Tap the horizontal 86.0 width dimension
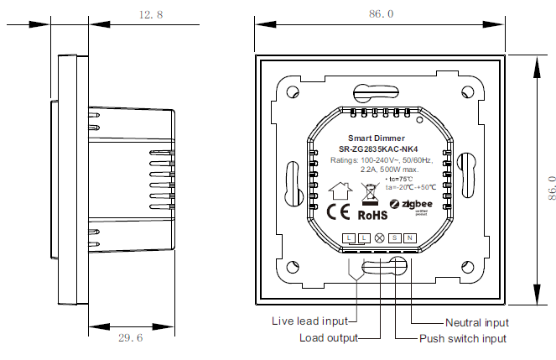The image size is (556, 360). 380,14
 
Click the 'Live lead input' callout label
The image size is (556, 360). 309,321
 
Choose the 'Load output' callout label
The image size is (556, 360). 328,338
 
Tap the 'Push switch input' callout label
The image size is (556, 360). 463,338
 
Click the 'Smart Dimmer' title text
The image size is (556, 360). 377,138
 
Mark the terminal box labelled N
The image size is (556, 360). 409,238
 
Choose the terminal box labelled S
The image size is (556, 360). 394,238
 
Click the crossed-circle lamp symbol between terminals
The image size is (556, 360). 379,238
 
